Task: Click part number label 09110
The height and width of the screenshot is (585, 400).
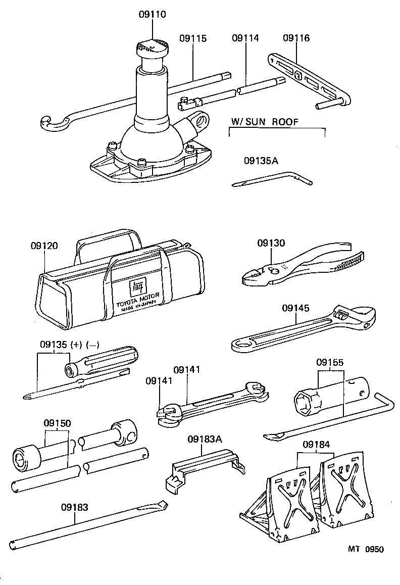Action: click(152, 15)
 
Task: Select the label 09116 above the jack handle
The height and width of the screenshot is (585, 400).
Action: click(296, 38)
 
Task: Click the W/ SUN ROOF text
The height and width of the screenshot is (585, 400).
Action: click(264, 122)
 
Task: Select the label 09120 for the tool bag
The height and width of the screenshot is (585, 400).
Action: click(44, 246)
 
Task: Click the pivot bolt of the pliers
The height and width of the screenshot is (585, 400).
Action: click(275, 269)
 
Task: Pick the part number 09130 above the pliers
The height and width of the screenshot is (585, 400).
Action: click(271, 243)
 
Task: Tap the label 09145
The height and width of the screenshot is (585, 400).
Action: click(295, 307)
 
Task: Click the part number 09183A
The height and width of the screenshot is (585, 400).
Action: click(205, 439)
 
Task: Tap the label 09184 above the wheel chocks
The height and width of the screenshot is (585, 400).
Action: click(316, 445)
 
